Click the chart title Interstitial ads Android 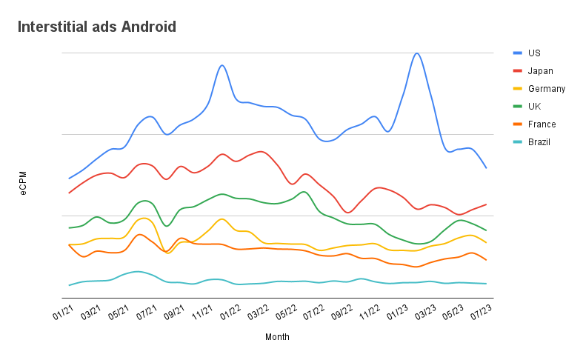(x=97, y=27)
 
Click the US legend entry (x=534, y=53)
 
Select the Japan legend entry (x=540, y=71)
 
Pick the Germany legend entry (x=546, y=89)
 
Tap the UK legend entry (x=534, y=107)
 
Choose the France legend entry (x=542, y=124)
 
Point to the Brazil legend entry (x=539, y=142)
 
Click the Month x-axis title (x=277, y=337)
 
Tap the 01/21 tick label (x=64, y=313)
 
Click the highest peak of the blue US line (x=417, y=53)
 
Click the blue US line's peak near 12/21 (x=221, y=65)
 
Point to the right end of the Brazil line (x=486, y=284)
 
